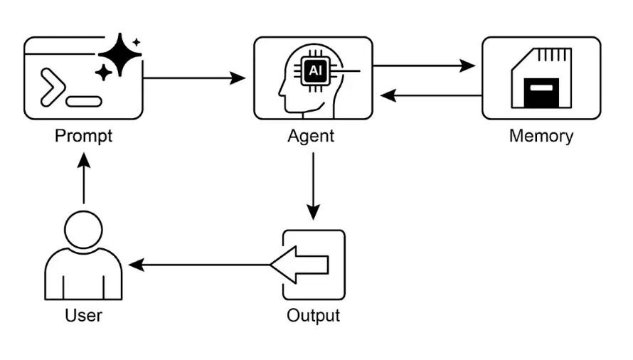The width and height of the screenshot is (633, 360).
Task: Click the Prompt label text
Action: tap(83, 135)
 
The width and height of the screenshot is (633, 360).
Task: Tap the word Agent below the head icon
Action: tap(311, 135)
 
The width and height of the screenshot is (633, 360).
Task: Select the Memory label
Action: tap(541, 135)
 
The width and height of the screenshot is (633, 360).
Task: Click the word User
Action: tap(83, 314)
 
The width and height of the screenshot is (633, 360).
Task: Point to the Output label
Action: tap(313, 314)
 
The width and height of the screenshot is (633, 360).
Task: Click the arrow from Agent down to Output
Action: tap(313, 185)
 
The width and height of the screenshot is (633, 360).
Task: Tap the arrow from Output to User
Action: tap(199, 265)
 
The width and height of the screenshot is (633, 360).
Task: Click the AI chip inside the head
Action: tap(314, 71)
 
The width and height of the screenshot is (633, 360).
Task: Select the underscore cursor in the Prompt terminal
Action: tap(83, 101)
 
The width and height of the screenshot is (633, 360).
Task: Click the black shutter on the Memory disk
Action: tap(542, 92)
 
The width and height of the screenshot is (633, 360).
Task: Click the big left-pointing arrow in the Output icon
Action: tap(299, 265)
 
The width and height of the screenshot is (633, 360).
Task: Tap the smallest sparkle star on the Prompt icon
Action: tap(137, 43)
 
